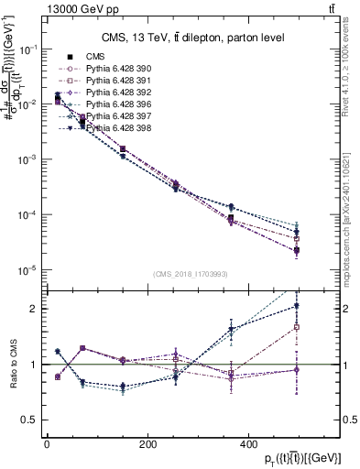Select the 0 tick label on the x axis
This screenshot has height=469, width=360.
(47, 444)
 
